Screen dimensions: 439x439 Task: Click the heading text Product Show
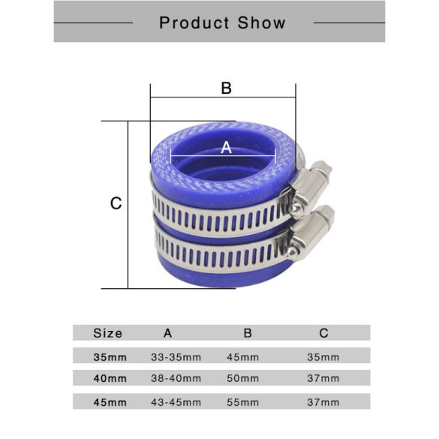[x=222, y=23]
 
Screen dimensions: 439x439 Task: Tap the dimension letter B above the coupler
[x=226, y=88]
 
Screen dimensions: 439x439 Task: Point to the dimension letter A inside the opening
[x=227, y=148]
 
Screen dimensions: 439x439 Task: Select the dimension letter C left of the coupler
[x=116, y=203]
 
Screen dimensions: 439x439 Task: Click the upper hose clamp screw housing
[x=310, y=185]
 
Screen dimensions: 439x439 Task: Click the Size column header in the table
[x=108, y=332]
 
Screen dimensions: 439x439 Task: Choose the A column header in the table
[x=167, y=332]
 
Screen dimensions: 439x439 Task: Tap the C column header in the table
[x=323, y=332]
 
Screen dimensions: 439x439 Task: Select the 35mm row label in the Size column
[x=110, y=356]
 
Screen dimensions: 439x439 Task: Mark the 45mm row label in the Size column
[x=110, y=402]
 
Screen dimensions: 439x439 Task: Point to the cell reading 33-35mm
[x=176, y=356]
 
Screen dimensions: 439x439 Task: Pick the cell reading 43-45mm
[x=176, y=402]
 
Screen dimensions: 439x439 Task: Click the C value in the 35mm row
[x=323, y=356]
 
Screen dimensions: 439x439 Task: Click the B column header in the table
[x=248, y=332]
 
